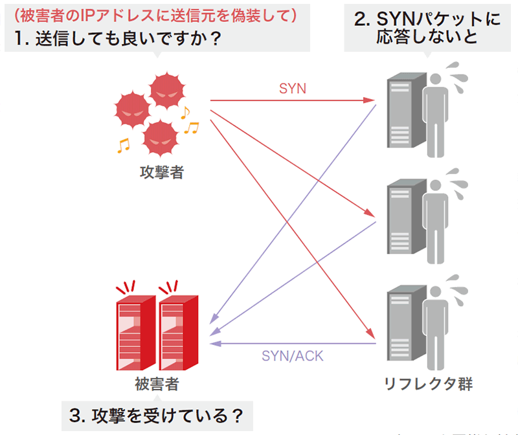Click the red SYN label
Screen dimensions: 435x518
click(293, 88)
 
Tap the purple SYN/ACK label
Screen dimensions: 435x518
click(293, 355)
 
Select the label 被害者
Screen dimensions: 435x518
click(158, 385)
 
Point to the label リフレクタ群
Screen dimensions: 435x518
click(429, 385)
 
